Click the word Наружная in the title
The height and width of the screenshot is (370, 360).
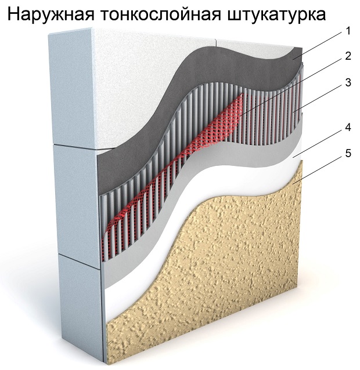tap(51, 14)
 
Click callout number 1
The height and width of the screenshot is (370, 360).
tap(347, 31)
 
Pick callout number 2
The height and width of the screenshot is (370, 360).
tap(348, 56)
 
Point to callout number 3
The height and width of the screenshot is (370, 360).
tap(348, 82)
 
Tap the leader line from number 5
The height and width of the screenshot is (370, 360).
tap(318, 171)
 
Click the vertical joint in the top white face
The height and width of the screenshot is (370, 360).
tap(215, 42)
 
